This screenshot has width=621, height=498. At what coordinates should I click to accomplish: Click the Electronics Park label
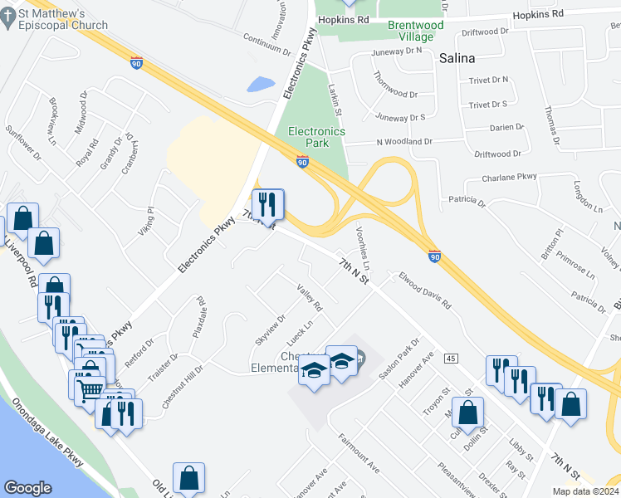316,137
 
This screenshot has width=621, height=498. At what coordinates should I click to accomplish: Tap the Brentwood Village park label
416,31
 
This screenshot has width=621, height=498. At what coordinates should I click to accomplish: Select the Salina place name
457,58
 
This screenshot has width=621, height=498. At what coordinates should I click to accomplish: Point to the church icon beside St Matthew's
8,18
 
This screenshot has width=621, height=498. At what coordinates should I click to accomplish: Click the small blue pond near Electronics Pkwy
261,84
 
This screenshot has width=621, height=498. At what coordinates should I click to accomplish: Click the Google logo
28,488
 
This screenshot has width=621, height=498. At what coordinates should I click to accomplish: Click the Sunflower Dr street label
22,143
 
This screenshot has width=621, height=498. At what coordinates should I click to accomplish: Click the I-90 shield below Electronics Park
304,160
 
